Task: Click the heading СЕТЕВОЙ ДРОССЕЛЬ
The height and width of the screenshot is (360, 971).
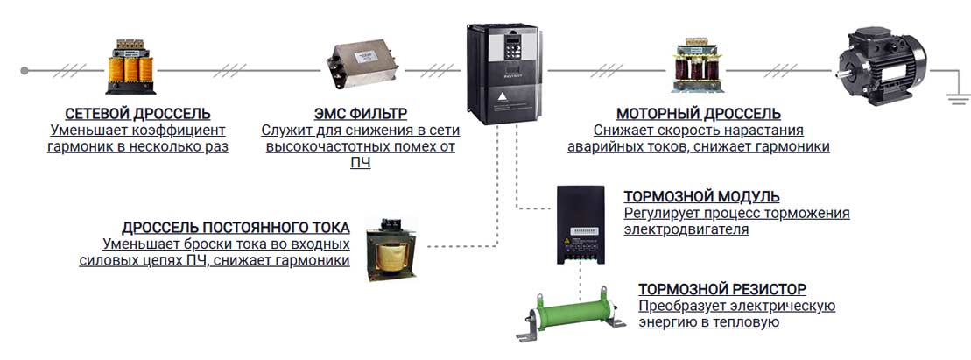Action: point(137,115)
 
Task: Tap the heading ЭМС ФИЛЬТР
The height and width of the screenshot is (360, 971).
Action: point(361,115)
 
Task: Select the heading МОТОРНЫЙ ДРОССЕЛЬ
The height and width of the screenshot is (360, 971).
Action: point(699,115)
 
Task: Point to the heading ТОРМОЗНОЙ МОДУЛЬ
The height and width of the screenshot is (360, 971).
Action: point(701,197)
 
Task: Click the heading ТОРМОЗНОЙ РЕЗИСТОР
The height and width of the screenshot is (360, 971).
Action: point(722,289)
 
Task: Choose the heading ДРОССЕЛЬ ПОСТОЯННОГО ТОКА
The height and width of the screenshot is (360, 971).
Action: point(236,228)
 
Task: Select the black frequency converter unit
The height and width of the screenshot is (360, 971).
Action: point(503,73)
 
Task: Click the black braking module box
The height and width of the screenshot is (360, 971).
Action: point(580,225)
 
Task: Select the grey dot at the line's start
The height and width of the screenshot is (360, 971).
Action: point(25,71)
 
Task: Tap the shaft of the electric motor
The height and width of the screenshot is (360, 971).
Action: point(841,75)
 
